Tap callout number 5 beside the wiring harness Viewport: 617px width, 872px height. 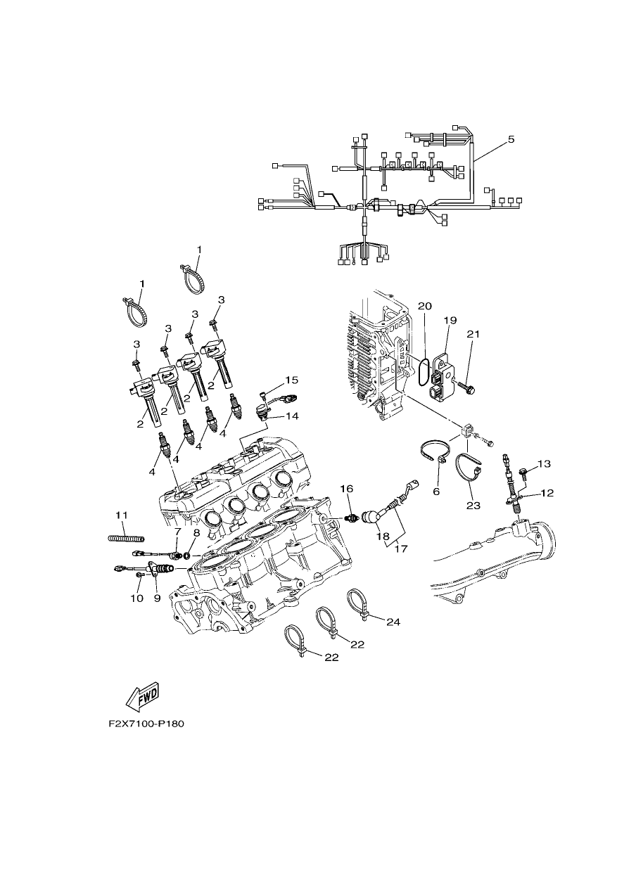coord(511,139)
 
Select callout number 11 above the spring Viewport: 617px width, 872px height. coord(121,515)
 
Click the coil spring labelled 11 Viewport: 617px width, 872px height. coord(126,539)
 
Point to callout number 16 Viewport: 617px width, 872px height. coord(347,489)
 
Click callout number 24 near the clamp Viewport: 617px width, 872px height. coord(393,622)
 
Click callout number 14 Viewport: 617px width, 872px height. coord(292,416)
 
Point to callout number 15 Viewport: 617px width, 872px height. coord(291,380)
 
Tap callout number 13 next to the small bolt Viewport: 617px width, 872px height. coord(545,463)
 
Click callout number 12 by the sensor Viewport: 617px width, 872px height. coord(547,493)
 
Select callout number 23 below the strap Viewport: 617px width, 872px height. coord(473,506)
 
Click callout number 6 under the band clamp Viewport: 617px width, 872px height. coord(436,492)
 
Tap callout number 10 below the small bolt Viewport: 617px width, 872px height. coord(136,598)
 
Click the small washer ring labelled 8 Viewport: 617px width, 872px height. coord(187,555)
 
